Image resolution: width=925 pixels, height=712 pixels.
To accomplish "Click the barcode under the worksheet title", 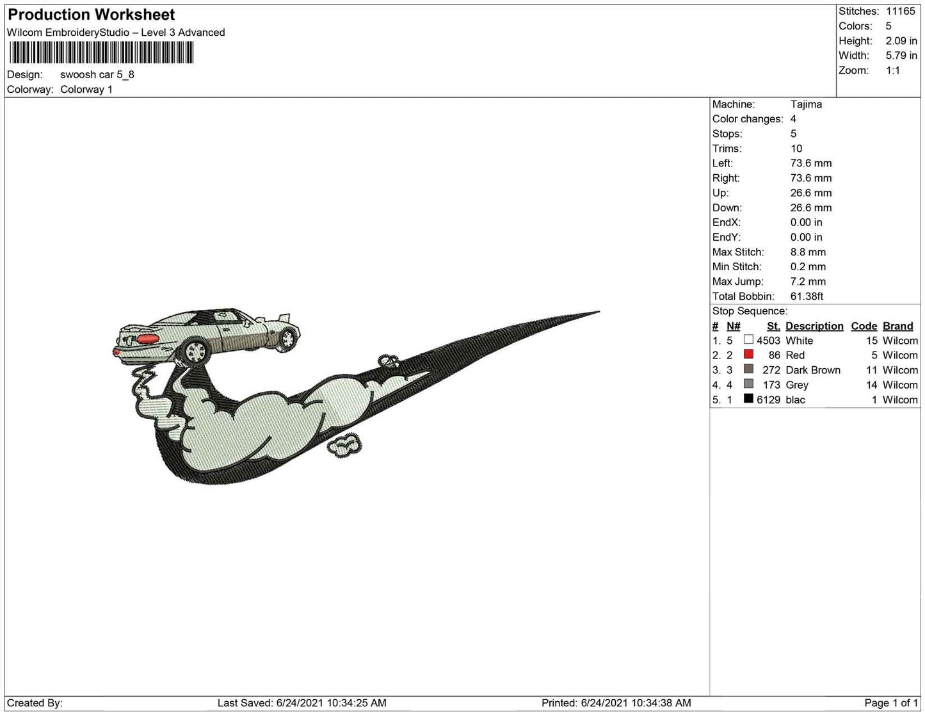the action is (101, 53).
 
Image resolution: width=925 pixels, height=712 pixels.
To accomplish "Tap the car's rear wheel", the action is (195, 351).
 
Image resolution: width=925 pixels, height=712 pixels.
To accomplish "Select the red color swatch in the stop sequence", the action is (748, 354).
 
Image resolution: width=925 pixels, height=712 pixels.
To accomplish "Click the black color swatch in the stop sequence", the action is (748, 398).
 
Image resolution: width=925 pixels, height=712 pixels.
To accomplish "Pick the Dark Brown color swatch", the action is (748, 369).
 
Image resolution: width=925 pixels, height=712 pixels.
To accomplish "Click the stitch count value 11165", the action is (900, 11).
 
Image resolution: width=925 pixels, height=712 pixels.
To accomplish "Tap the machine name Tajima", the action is (806, 104).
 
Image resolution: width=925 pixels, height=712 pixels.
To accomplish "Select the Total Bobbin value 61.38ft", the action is (807, 296).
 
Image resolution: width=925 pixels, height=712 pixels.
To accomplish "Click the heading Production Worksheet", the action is (91, 15).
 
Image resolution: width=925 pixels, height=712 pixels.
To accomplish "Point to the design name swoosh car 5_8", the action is (97, 74).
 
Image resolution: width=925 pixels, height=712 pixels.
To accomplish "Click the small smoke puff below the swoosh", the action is (344, 445).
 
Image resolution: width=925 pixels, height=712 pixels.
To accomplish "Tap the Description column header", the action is (814, 326).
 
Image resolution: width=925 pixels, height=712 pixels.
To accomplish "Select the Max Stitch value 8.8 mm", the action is (808, 252).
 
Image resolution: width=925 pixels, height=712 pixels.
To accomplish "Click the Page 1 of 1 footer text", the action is (891, 702).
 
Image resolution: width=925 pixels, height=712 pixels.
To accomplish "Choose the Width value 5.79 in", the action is (901, 56).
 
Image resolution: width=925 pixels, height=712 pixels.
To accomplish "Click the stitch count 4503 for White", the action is (768, 341).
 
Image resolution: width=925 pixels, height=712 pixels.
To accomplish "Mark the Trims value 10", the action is (796, 149).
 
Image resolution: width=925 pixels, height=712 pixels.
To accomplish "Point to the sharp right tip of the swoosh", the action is (599, 312).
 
